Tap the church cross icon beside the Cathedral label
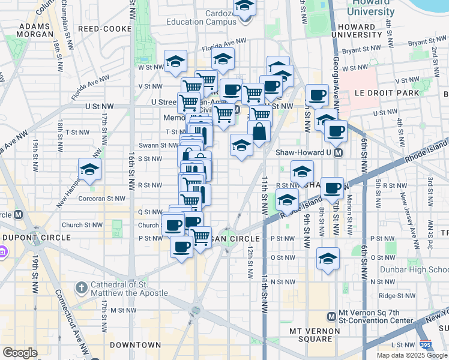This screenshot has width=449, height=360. point(82,288)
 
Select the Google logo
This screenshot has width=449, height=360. point(20,353)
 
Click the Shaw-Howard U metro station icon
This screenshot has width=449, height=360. point(338,152)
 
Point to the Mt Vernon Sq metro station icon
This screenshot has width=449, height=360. point(331,316)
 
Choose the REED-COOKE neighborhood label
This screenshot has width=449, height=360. point(100,28)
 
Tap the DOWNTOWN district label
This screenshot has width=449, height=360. point(136,345)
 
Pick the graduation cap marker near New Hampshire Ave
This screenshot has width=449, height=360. point(89,169)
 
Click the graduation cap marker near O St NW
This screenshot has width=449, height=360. point(328,259)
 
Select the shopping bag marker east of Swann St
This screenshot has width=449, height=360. point(259,131)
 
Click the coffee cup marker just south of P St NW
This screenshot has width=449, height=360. point(182,246)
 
